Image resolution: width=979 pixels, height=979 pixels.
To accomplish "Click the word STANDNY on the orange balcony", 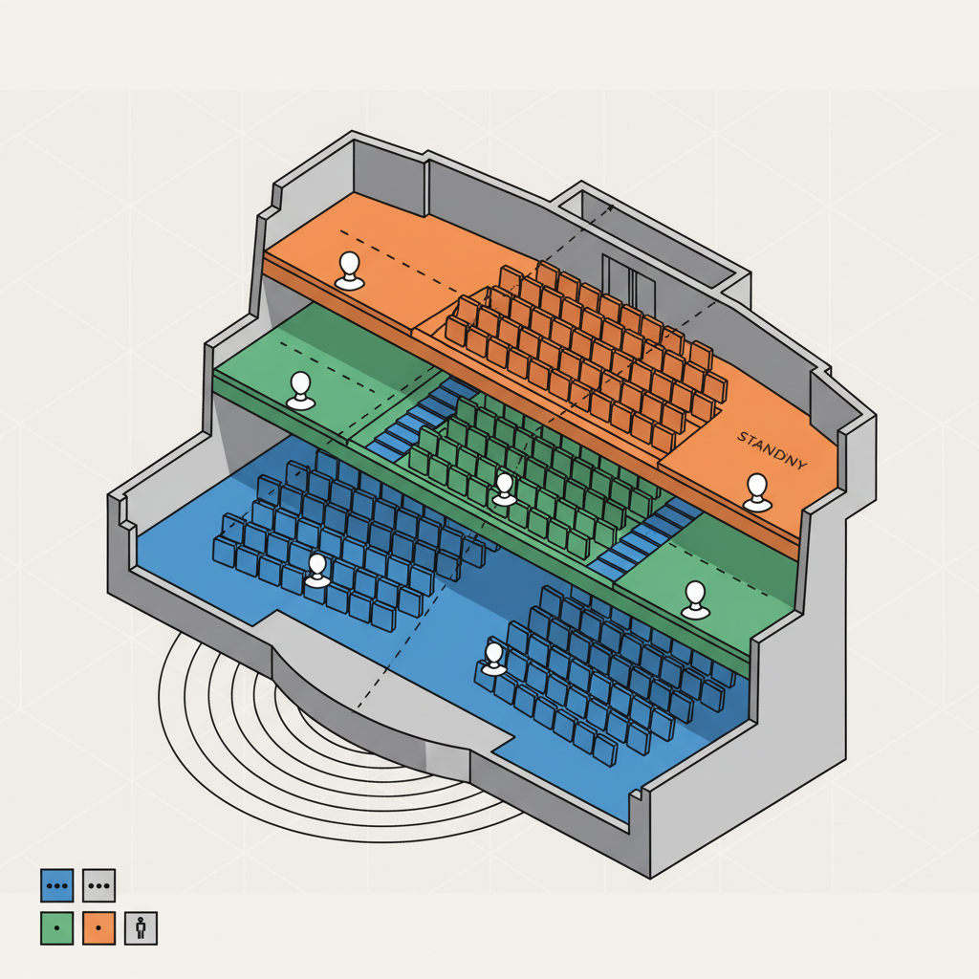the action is click(772, 450).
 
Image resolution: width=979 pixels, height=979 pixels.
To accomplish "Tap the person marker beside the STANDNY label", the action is click(757, 492).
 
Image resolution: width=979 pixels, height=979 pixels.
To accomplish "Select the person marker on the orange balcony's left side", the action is click(350, 271).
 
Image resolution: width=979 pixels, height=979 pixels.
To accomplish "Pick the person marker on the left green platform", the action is click(301, 391).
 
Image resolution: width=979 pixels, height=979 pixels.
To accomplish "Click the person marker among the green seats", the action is click(504, 489).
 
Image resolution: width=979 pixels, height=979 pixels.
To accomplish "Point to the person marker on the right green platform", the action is click(696, 600).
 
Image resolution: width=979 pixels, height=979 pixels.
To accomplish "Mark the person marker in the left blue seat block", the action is click(317, 571).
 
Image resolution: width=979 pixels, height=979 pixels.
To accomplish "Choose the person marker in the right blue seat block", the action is click(494, 659).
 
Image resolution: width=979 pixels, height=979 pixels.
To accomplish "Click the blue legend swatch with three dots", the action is click(56, 885).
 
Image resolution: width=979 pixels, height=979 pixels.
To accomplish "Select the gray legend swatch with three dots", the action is click(98, 885).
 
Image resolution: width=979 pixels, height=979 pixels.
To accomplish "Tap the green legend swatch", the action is click(56, 927).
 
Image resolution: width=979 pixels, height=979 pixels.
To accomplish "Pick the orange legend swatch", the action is click(98, 927).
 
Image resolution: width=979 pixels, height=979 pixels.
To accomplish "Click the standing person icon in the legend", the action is click(141, 927).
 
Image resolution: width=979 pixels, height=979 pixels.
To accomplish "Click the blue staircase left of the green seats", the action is click(421, 418).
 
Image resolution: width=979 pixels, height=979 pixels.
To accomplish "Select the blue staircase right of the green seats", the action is click(646, 538).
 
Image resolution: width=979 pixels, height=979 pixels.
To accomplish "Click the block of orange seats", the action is click(587, 356).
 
